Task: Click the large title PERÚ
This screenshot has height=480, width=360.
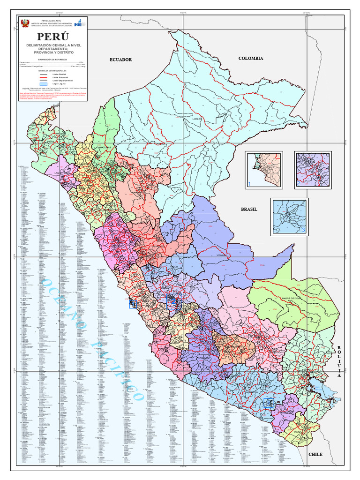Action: pyautogui.click(x=53, y=37)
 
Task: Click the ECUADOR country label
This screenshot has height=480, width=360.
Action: pyautogui.click(x=121, y=60)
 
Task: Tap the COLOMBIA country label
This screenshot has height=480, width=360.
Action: pyautogui.click(x=251, y=58)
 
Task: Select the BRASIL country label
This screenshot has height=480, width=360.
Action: pyautogui.click(x=249, y=209)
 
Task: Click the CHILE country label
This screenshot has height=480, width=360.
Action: pyautogui.click(x=315, y=454)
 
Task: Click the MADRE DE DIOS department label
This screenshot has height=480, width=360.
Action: pyautogui.click(x=291, y=298)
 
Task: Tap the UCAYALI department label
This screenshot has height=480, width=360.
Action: pyautogui.click(x=222, y=255)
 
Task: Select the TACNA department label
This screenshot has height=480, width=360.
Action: pyautogui.click(x=298, y=432)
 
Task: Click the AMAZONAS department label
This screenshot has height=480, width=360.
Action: pyautogui.click(x=104, y=148)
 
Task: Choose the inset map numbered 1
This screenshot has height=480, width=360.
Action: pyautogui.click(x=263, y=170)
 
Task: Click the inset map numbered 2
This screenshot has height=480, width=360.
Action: pyautogui.click(x=313, y=170)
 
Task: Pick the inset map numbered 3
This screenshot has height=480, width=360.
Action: pyautogui.click(x=289, y=216)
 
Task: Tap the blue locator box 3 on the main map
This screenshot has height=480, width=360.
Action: pyautogui.click(x=269, y=402)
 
